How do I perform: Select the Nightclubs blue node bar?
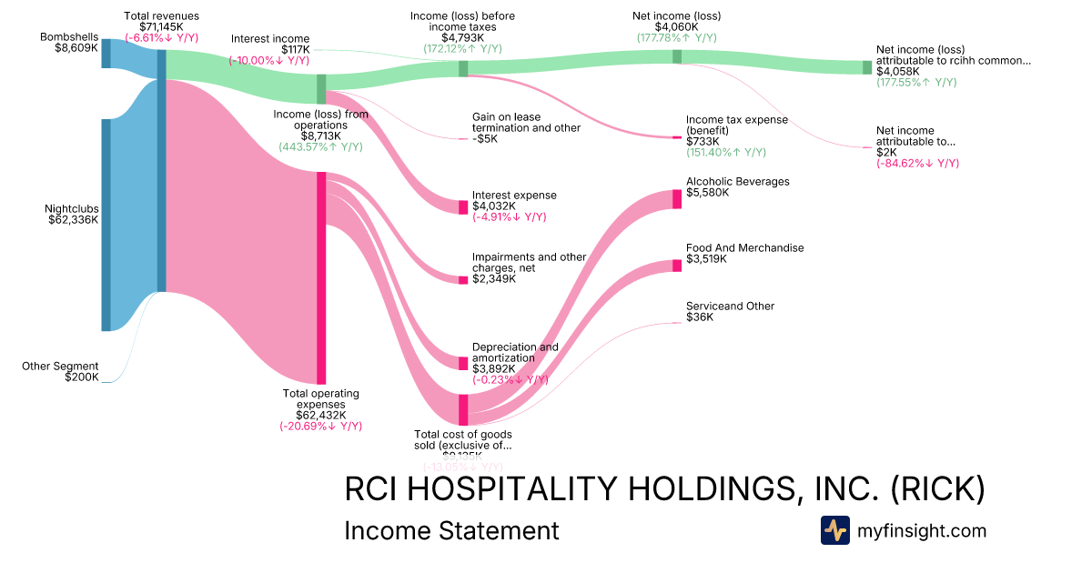106,225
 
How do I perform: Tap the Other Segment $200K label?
60,371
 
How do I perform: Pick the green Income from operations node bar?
321,88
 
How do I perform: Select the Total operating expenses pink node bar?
321,277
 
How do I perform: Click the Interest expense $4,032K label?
513,201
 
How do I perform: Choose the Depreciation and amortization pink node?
463,363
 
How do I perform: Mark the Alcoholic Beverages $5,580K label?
737,187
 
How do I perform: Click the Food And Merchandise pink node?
677,265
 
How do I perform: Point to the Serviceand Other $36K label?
730,312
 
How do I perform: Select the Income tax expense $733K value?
703,141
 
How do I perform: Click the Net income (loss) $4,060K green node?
677,56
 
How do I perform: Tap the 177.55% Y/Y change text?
916,82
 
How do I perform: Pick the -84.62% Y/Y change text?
917,164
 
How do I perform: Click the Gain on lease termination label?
525,127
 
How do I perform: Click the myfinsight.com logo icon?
834,530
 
